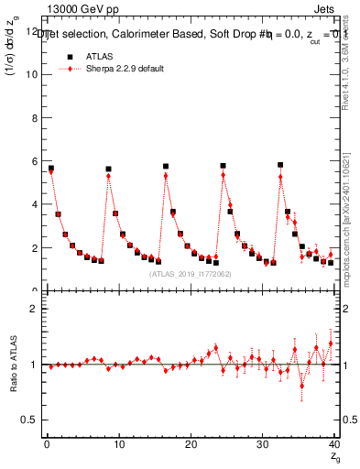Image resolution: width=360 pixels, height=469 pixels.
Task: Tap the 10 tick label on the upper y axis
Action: pyautogui.click(x=29, y=74)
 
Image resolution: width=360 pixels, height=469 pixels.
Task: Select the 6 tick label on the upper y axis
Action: pyautogui.click(x=32, y=161)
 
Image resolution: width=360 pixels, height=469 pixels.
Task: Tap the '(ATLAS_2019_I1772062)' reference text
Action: pyautogui.click(x=189, y=273)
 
